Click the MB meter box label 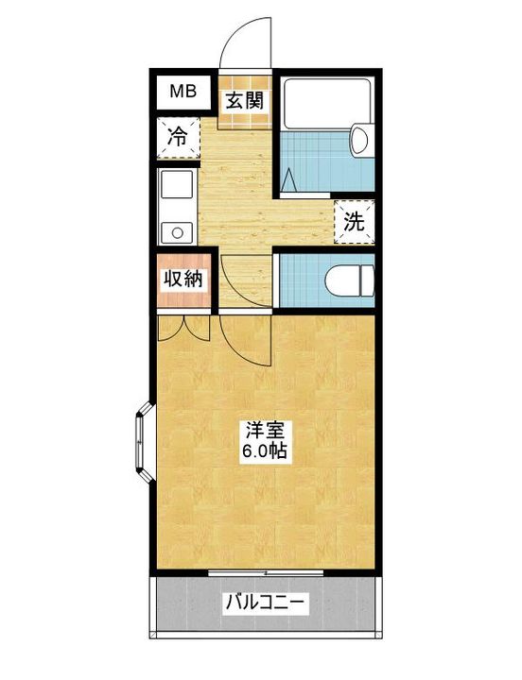click(183, 92)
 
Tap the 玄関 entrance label click(244, 99)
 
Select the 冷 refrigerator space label click(179, 135)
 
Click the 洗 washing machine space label click(353, 224)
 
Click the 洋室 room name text click(265, 428)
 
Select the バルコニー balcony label click(265, 603)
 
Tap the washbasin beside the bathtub click(359, 142)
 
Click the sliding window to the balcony click(265, 572)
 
